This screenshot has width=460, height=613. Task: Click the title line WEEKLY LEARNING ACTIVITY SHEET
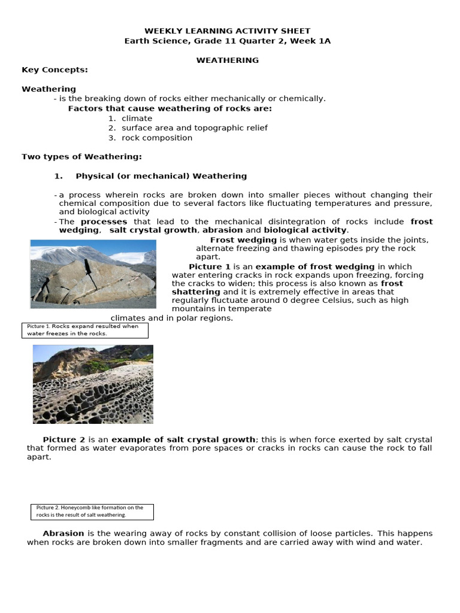(x=228, y=31)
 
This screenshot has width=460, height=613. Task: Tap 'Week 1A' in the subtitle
(x=312, y=41)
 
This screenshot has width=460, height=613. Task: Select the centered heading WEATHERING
(x=228, y=60)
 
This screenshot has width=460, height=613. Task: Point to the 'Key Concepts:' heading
(x=55, y=69)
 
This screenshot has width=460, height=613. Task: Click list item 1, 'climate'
(x=137, y=119)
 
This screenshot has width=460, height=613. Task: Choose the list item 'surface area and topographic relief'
(x=194, y=128)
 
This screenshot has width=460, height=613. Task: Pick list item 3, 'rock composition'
(x=157, y=138)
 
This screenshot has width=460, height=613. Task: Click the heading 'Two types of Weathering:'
(x=81, y=157)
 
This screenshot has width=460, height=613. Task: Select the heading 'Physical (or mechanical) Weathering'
(x=161, y=176)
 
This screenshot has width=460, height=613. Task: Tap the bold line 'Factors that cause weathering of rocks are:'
(x=170, y=108)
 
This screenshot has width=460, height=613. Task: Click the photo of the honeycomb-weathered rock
(x=93, y=384)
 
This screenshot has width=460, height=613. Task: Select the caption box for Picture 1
(x=84, y=330)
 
